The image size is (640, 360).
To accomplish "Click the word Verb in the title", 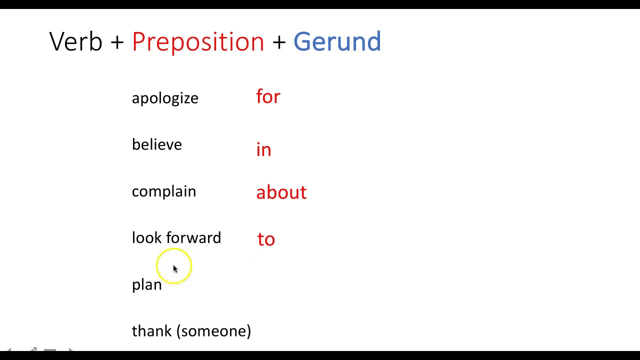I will pos(75,41).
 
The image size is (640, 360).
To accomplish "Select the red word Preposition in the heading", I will pos(198,42).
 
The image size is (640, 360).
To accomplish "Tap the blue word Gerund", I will pos(337,41).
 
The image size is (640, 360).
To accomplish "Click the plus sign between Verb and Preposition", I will pos(117,42).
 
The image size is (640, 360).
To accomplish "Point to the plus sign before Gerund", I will pos(279,42).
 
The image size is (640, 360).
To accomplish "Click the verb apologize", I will pos(165,98).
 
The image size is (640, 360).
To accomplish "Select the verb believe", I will pos(157,144).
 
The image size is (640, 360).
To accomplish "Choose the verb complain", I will pos(164,191).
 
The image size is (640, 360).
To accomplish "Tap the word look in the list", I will pos(147,238).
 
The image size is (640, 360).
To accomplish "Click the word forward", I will pos(193,238).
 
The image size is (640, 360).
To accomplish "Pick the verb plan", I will pos(147,285).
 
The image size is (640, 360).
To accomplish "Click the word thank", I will pos(152,331).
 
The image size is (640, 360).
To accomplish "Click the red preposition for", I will pos(268,96).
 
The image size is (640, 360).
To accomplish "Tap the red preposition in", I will pos(263,150).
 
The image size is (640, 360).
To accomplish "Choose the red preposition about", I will pos(281,192).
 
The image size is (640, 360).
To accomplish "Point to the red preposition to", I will pos(266,239).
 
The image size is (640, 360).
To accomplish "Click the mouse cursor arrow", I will pos(175,269).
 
